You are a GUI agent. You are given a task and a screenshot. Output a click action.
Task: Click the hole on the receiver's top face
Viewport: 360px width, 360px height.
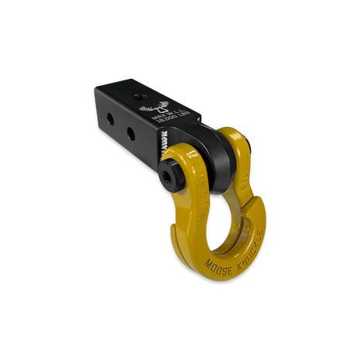tap(140, 98)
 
